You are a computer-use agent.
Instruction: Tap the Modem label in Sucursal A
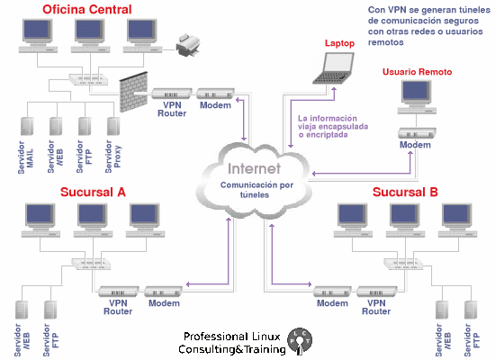click(164, 303)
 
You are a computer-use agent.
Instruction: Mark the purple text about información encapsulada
click(334, 127)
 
